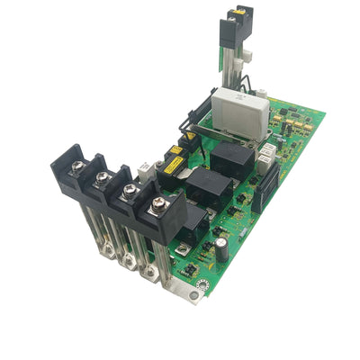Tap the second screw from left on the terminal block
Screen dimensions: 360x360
104,176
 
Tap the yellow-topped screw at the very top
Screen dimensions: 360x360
242,12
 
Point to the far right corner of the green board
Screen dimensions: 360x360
325,113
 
